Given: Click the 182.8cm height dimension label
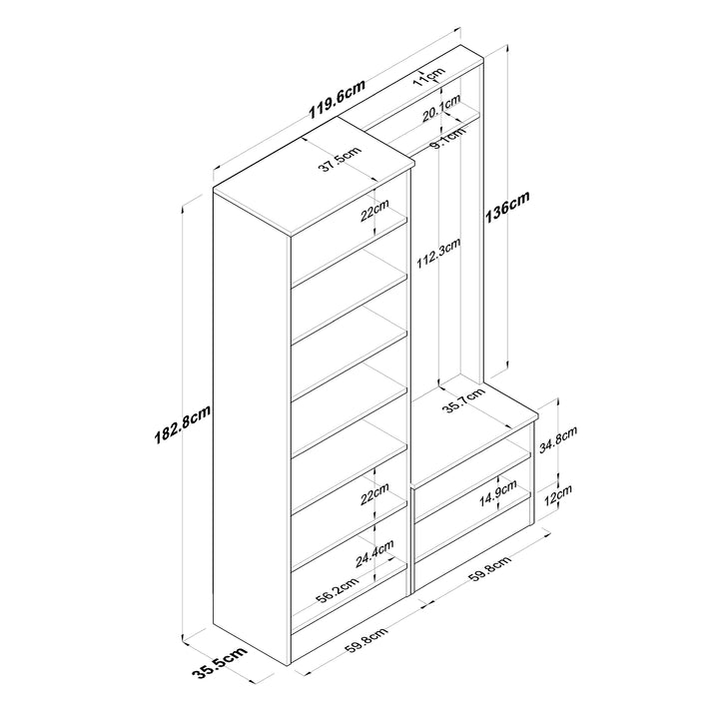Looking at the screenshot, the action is coord(183,424).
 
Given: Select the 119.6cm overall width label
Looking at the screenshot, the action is coord(338,99).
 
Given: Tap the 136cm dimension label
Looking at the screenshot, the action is coord(506,207).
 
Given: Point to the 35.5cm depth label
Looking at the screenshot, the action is coord(220,662).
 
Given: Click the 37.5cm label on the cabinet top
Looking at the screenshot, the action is coord(340,159).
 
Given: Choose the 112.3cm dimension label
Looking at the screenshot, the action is coord(438,254).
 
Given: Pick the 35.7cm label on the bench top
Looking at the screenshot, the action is coord(464,399).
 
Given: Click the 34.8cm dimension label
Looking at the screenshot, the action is coord(557,439).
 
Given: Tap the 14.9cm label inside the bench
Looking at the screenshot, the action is coord(498,493).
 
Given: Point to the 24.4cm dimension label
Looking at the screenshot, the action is coord(374,553).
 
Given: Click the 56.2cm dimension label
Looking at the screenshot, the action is coord(338,591).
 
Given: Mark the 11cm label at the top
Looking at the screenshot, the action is coord(429,77).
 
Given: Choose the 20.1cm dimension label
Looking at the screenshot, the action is coord(441,108).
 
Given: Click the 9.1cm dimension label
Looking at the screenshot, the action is coord(448,139).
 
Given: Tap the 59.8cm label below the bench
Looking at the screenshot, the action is coord(490,569).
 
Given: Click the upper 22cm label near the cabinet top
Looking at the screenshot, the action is coord(374,210).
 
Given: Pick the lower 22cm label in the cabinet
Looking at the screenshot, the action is coord(374,494).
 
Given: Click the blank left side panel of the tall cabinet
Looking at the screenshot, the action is coord(252,426).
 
